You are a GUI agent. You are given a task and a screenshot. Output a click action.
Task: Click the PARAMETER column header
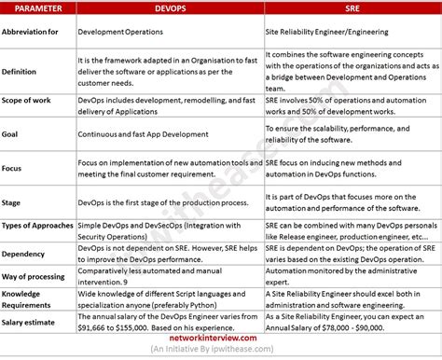pos(37,7)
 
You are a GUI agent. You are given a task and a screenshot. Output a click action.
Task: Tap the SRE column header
pos(352,7)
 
